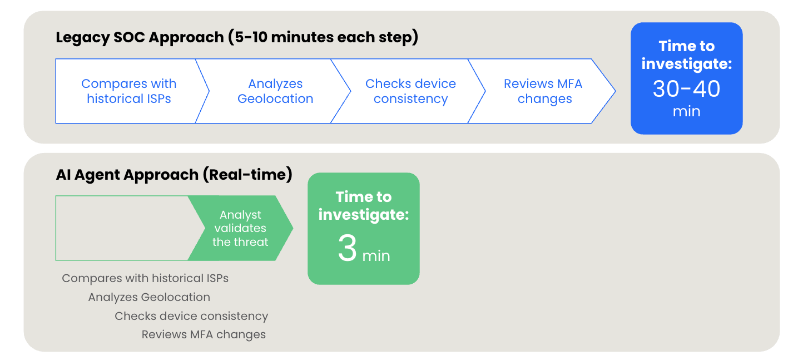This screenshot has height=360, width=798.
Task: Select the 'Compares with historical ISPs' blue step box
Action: pyautogui.click(x=128, y=91)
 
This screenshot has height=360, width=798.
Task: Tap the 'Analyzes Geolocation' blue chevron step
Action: pyautogui.click(x=275, y=91)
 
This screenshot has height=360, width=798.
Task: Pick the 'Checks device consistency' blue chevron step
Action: pyautogui.click(x=410, y=91)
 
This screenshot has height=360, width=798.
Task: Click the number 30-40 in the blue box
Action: pyautogui.click(x=686, y=89)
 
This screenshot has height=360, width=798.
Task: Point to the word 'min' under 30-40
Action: pyautogui.click(x=686, y=111)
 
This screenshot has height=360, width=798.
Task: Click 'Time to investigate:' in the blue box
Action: pyautogui.click(x=686, y=55)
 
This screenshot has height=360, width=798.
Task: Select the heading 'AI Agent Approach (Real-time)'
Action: pyautogui.click(x=174, y=174)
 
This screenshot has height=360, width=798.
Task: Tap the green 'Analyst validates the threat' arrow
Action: pyautogui.click(x=240, y=228)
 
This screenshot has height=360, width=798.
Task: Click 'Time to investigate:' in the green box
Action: pyautogui.click(x=363, y=205)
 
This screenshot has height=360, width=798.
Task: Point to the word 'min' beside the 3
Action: pyautogui.click(x=376, y=255)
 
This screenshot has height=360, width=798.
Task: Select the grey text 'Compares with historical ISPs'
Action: pyautogui.click(x=145, y=278)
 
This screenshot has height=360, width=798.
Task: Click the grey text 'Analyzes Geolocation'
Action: pyautogui.click(x=149, y=297)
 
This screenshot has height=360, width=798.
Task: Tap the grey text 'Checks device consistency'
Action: pyautogui.click(x=191, y=316)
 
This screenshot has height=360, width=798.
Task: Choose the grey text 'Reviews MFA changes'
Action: pyautogui.click(x=204, y=334)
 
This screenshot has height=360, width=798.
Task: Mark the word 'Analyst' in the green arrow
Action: pyautogui.click(x=240, y=215)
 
